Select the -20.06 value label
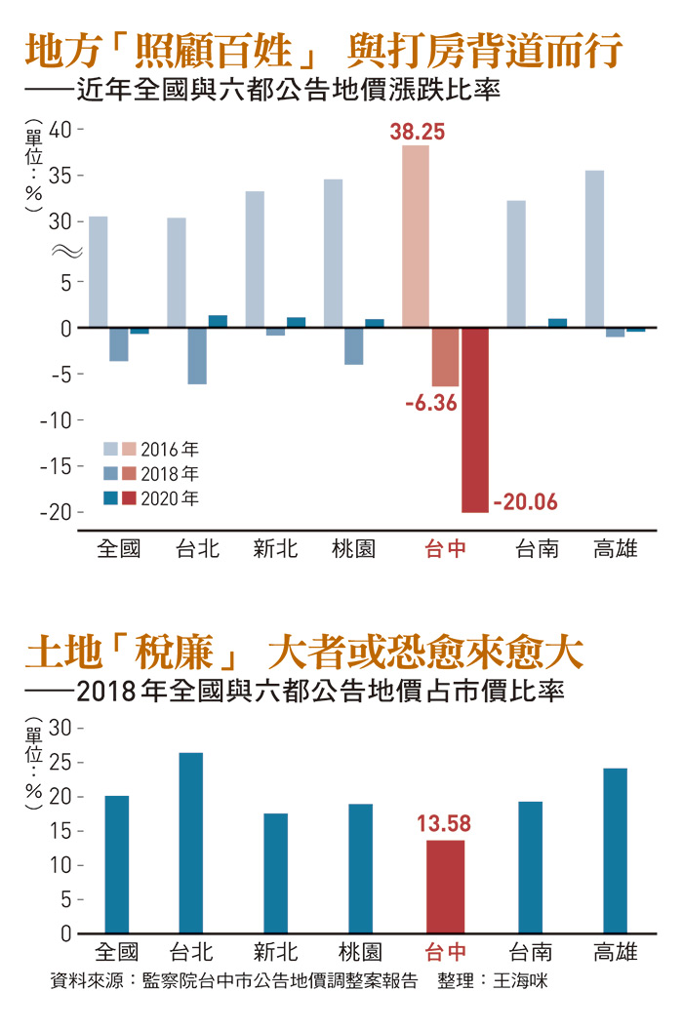coord(525,502)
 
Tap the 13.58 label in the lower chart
coord(444,824)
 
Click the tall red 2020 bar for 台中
coord(475,419)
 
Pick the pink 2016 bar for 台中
coord(416,237)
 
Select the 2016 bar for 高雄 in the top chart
coord(594,249)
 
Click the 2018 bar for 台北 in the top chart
coord(197,356)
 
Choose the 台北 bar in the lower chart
coord(191,843)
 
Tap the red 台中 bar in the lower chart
coord(445,887)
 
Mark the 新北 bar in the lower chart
coord(276,873)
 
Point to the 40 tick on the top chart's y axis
coord(60,130)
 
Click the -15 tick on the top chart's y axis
coord(57,466)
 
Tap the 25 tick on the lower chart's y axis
coord(61,763)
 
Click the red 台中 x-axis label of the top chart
coord(445,548)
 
